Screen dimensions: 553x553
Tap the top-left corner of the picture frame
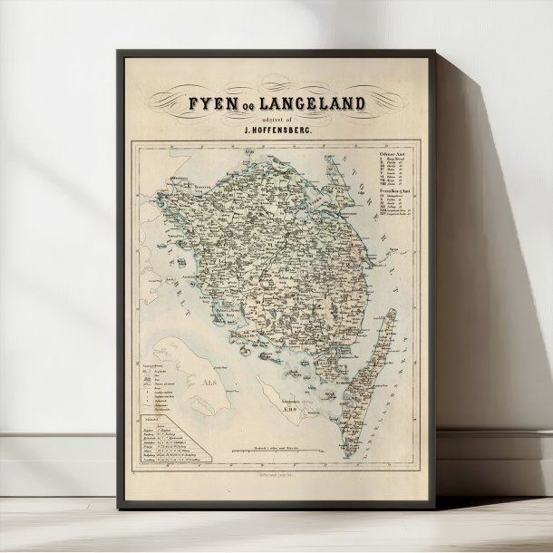[x=119, y=52]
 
